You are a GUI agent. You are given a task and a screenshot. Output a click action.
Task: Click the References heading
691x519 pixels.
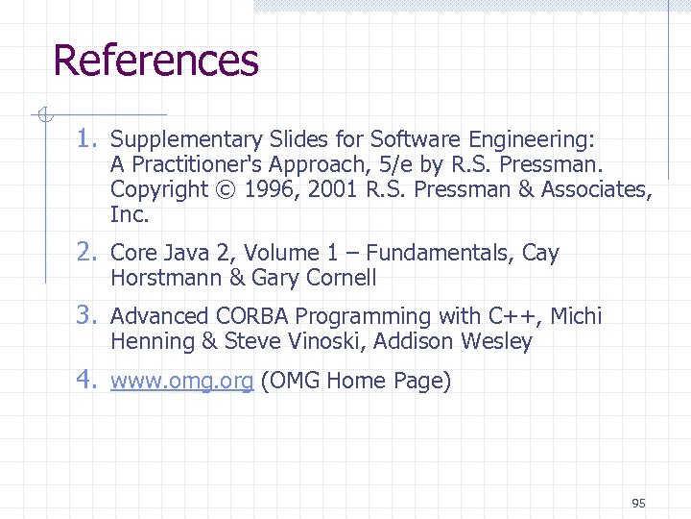[x=155, y=60]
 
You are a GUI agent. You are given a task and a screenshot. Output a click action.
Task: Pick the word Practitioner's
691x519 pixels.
[x=197, y=164]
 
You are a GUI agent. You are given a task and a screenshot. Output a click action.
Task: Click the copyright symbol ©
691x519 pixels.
[x=226, y=189]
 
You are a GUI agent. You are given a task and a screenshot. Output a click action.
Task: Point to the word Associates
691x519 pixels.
[x=597, y=189]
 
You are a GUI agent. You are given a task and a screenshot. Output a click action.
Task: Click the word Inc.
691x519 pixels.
[x=129, y=214]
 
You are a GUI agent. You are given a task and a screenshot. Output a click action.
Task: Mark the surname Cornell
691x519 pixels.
[x=340, y=279]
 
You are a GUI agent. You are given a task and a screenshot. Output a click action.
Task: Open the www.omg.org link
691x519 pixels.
[x=181, y=382]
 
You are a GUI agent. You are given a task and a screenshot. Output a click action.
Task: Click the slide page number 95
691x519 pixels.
[x=639, y=503]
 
